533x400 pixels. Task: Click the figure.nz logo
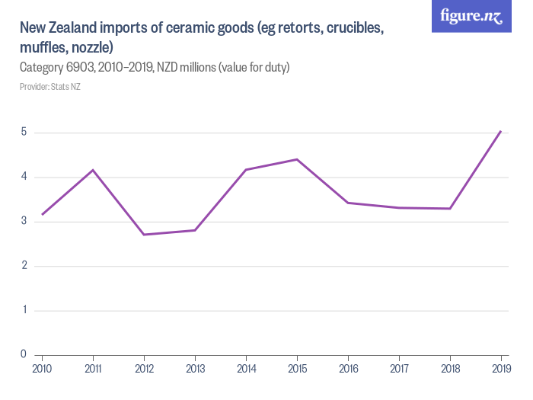pyautogui.click(x=471, y=16)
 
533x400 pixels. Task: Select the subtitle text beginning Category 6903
pyautogui.click(x=155, y=68)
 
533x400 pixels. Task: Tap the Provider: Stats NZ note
pyautogui.click(x=49, y=87)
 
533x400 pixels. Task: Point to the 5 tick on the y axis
pyautogui.click(x=24, y=133)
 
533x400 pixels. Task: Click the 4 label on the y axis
pyautogui.click(x=24, y=177)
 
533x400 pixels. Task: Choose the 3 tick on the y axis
pyautogui.click(x=24, y=222)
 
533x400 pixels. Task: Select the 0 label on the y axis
pyautogui.click(x=24, y=354)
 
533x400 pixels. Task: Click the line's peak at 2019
pyautogui.click(x=500, y=131)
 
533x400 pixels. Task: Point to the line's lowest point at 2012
pyautogui.click(x=144, y=235)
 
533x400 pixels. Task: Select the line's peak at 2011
pyautogui.click(x=93, y=170)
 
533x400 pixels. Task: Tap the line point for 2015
pyautogui.click(x=297, y=159)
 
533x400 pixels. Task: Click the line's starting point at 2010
pyautogui.click(x=42, y=214)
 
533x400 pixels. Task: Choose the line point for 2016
pyautogui.click(x=348, y=203)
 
